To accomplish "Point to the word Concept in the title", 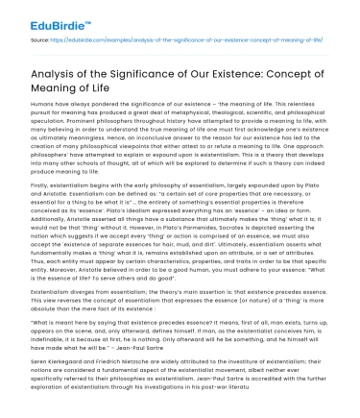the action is (x=311, y=78).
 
